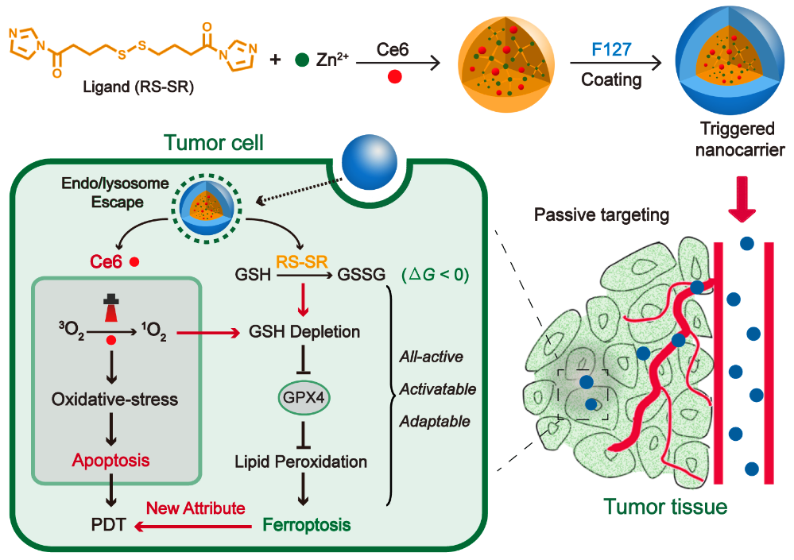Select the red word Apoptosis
pos(110,460)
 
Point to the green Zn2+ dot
pos(301,60)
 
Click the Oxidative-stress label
pos(114,400)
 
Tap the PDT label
pos(108,525)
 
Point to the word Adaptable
pos(435,421)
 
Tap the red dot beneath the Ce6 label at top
pos(395,77)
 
